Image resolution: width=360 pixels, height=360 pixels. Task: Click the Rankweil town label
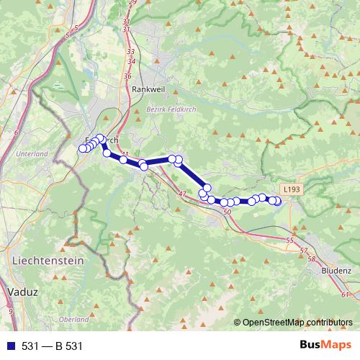pyautogui.click(x=148, y=89)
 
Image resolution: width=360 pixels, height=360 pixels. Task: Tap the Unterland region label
pyautogui.click(x=31, y=153)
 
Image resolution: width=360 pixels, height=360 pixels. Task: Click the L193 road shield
pyautogui.click(x=290, y=188)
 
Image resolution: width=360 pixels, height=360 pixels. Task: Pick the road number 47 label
pyautogui.click(x=181, y=194)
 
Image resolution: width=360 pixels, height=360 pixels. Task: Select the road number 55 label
pyautogui.click(x=290, y=240)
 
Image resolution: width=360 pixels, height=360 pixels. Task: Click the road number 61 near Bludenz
pyautogui.click(x=346, y=294)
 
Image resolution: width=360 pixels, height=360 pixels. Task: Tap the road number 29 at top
pyautogui.click(x=132, y=3)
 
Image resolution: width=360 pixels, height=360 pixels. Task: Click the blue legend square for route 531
pyautogui.click(x=11, y=346)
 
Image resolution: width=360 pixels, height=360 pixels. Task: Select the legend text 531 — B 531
pyautogui.click(x=53, y=346)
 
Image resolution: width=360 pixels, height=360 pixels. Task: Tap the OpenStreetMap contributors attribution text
pyautogui.click(x=297, y=322)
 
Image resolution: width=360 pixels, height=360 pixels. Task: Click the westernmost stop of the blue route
pyautogui.click(x=82, y=149)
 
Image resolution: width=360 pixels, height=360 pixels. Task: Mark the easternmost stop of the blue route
pyautogui.click(x=278, y=202)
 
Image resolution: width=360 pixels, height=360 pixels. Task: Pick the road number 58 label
pyautogui.click(x=311, y=258)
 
